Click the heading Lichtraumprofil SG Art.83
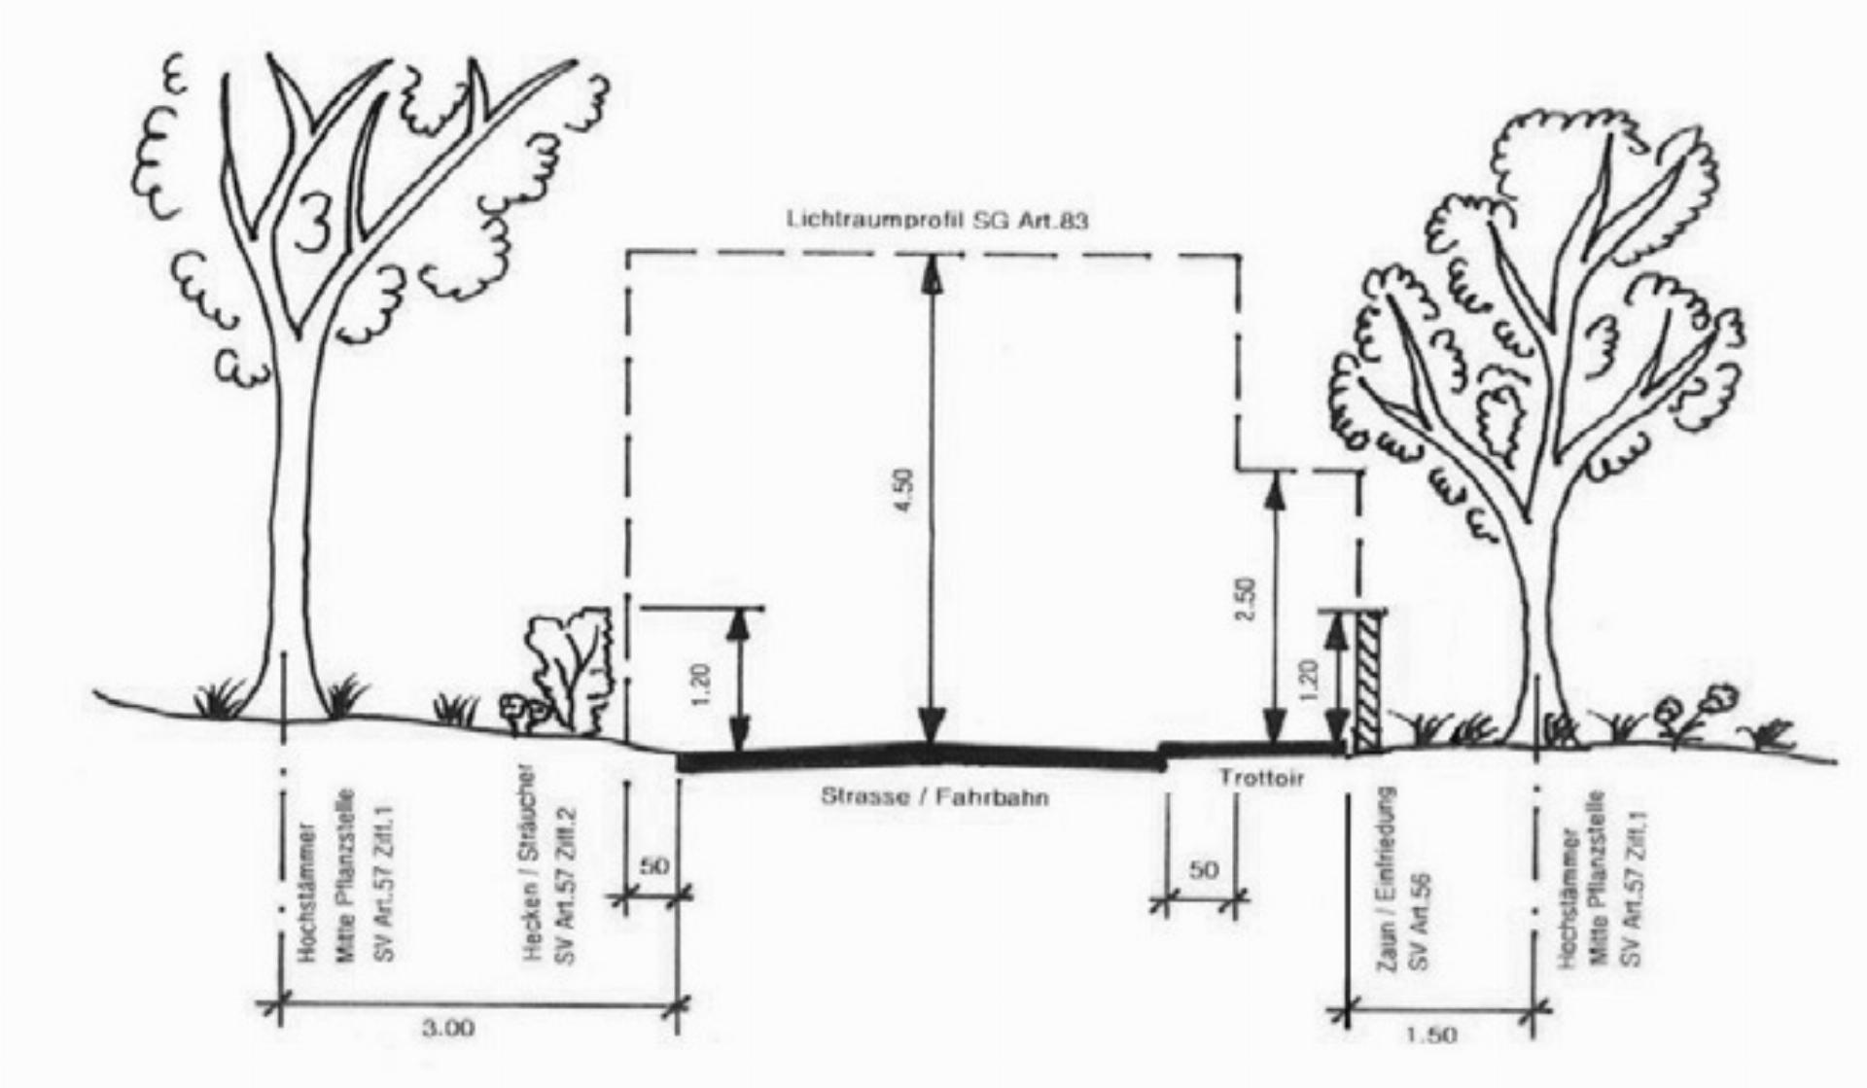[x=936, y=220]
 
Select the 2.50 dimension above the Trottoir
[x=1249, y=601]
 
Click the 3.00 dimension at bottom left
[x=448, y=1028]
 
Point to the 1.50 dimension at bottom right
[x=1431, y=1035]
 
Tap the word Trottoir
[x=1260, y=778]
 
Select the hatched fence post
[x=1369, y=681]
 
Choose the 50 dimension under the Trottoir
[x=1203, y=869]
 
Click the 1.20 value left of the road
[x=707, y=684]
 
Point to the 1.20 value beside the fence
[x=1308, y=683]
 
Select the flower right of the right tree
[x=1719, y=698]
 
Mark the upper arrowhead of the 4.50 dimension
[x=933, y=268]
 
